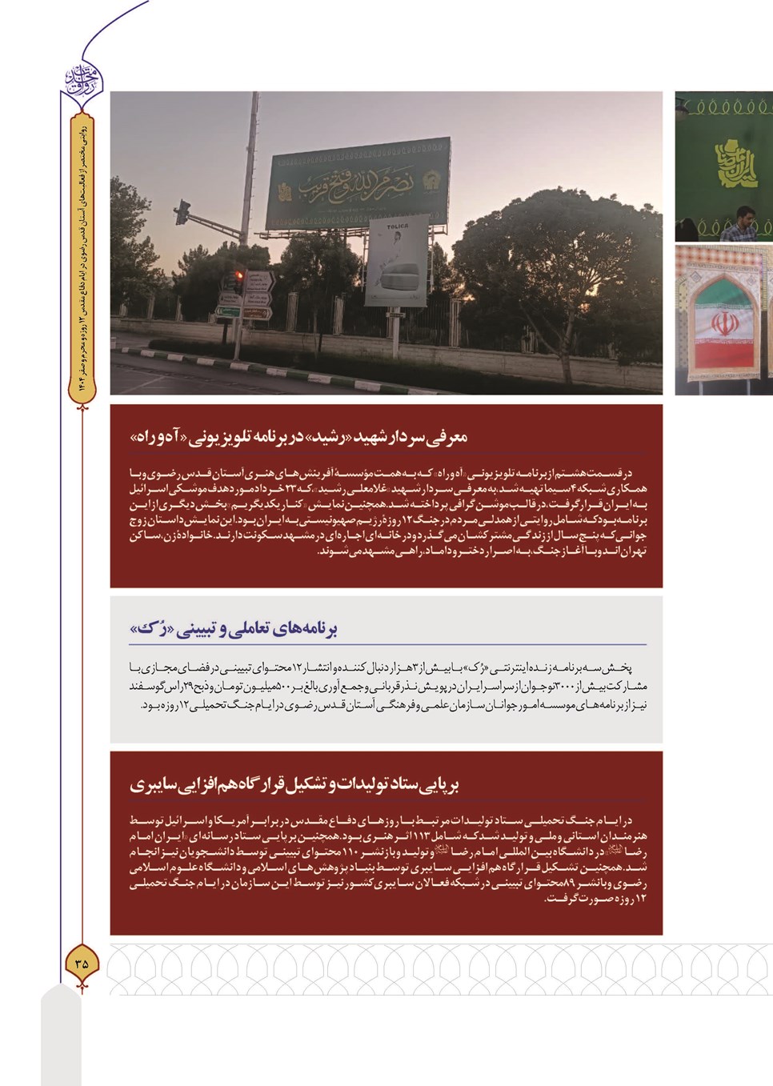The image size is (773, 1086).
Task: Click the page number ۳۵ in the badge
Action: click(x=82, y=963)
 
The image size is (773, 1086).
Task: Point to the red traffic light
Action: click(x=238, y=279)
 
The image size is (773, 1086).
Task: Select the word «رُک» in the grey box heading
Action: click(x=148, y=629)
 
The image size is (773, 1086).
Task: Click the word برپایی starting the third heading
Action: click(x=439, y=784)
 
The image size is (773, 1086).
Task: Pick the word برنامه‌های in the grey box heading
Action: click(x=306, y=629)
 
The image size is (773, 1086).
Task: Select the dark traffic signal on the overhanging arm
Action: click(x=182, y=211)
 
